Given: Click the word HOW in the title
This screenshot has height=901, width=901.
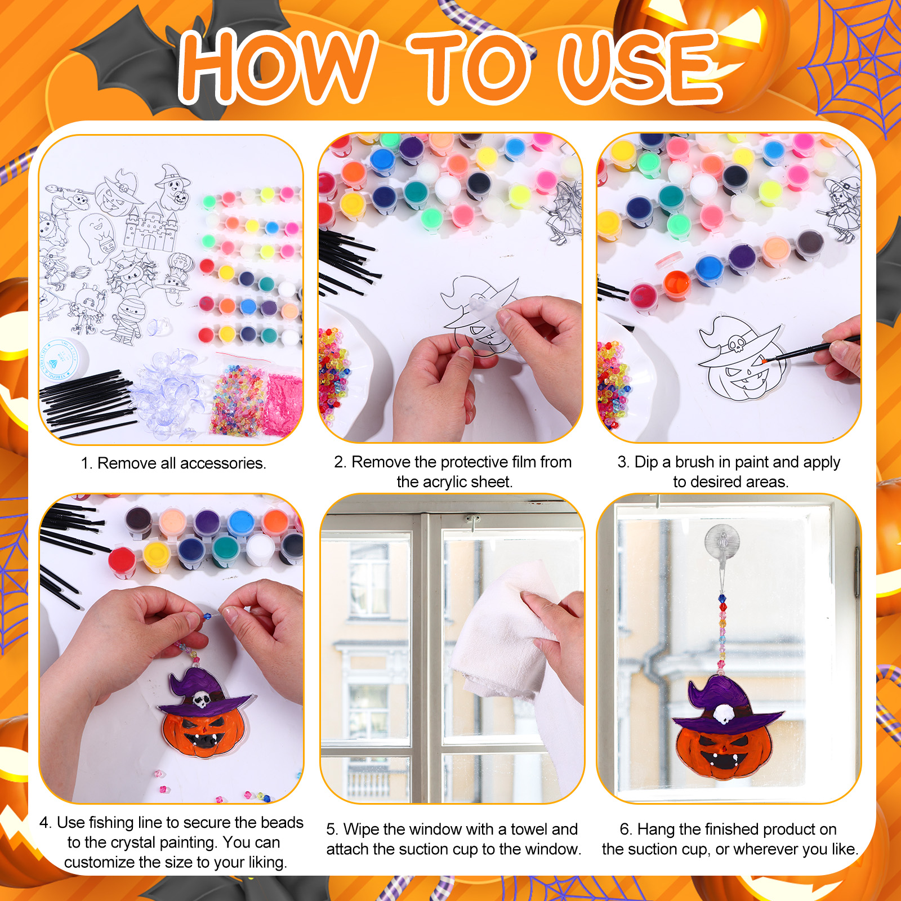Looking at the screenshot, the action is click(x=278, y=66).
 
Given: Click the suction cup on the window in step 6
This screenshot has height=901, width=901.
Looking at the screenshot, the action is click(x=721, y=543).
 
